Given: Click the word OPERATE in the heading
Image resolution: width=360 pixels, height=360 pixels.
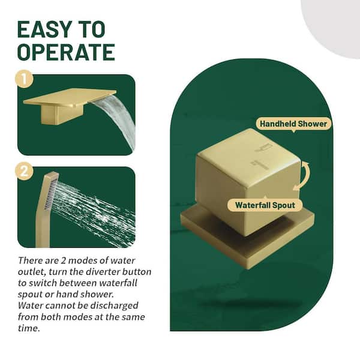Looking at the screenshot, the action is [x=66, y=52].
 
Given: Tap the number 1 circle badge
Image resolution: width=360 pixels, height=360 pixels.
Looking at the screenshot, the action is [x=24, y=79].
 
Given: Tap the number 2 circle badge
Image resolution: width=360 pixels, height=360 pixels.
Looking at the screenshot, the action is [x=24, y=171].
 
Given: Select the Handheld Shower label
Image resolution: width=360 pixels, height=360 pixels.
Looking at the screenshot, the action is [x=293, y=124].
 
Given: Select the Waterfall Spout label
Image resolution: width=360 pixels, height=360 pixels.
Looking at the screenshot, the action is [x=265, y=205].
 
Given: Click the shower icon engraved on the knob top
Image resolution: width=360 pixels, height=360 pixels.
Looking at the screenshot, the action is [x=264, y=148].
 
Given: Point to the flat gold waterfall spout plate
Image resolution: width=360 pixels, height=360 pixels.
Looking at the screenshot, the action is [x=70, y=98].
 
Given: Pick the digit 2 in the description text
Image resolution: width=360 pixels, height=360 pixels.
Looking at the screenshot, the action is [x=63, y=261].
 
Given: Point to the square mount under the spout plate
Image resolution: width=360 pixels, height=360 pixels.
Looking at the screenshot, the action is [x=62, y=114].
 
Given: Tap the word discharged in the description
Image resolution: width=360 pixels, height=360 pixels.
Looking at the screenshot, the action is [x=114, y=306].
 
